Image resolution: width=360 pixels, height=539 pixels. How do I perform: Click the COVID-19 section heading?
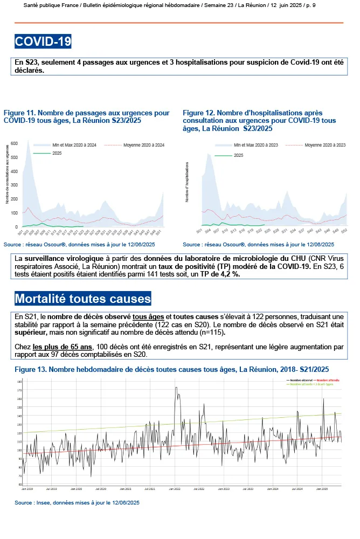pyautogui.click(x=43, y=42)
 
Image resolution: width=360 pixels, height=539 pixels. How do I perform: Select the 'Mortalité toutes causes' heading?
pyautogui.click(x=83, y=298)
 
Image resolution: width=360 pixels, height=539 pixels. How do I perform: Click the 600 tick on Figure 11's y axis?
pyautogui.click(x=15, y=143)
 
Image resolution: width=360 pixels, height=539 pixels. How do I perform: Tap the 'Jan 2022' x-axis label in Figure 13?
pyautogui.click(x=175, y=489)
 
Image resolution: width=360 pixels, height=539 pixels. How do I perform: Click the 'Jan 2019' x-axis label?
pyautogui.click(x=27, y=489)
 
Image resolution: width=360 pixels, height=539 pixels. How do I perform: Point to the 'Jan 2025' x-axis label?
pyautogui.click(x=322, y=489)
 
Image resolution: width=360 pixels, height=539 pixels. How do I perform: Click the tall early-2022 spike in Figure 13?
pyautogui.click(x=176, y=388)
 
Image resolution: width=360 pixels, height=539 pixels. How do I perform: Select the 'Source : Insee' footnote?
pyautogui.click(x=77, y=502)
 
